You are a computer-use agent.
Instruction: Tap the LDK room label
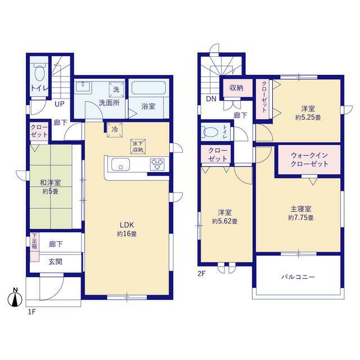[x=127, y=225]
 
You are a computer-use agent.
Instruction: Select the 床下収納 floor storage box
[x=138, y=146]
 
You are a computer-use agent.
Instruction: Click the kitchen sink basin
[x=120, y=164]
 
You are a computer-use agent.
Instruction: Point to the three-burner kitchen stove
[x=157, y=165]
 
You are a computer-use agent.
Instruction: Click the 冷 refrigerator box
[x=115, y=130]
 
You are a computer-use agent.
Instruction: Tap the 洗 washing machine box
[x=116, y=89]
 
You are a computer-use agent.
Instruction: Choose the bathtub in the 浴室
[x=148, y=88]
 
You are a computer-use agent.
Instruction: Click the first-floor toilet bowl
[x=39, y=73]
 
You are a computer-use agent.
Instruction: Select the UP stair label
[x=60, y=104]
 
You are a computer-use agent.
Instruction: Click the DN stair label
[x=211, y=99]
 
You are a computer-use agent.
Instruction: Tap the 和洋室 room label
[x=50, y=183]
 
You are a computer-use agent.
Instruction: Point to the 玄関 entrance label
[x=55, y=262]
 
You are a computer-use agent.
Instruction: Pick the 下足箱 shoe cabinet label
[x=34, y=241]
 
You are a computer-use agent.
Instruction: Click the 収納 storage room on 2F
[x=236, y=88]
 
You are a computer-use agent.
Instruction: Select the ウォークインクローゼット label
[x=309, y=160]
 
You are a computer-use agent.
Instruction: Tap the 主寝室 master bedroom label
[x=301, y=209]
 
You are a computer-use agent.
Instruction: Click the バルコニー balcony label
[x=298, y=277]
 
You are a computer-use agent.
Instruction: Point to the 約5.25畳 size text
[x=308, y=118]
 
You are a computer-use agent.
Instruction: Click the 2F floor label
[x=201, y=274]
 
